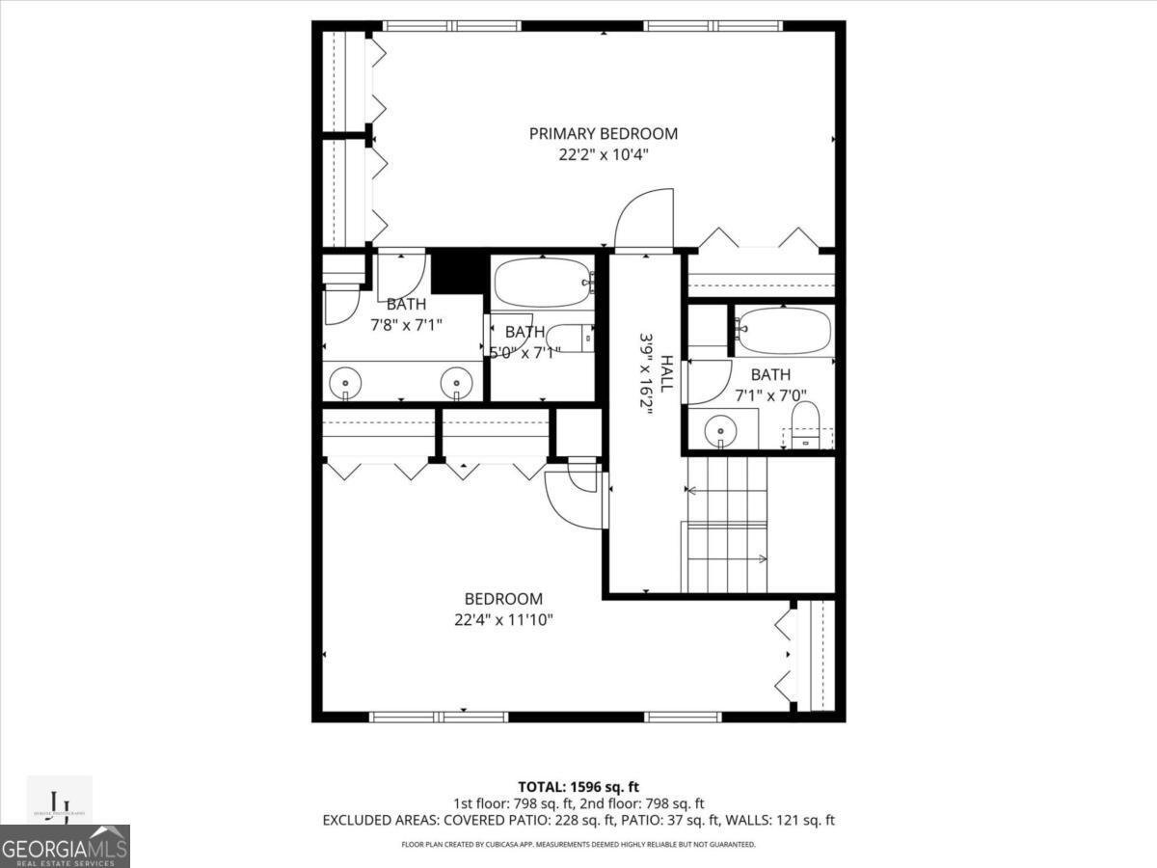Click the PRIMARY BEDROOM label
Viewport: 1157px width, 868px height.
(603, 134)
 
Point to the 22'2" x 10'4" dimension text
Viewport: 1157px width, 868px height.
(603, 154)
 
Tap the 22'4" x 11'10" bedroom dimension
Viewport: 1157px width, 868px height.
(503, 619)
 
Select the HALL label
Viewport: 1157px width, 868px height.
(666, 366)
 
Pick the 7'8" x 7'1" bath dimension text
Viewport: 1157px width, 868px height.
(406, 325)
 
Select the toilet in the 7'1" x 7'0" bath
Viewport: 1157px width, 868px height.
(805, 425)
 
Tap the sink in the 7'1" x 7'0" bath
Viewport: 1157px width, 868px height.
(719, 428)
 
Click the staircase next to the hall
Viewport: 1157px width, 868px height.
(726, 526)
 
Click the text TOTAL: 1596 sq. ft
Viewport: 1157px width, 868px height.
(578, 786)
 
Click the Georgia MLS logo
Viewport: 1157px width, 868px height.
(65, 846)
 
